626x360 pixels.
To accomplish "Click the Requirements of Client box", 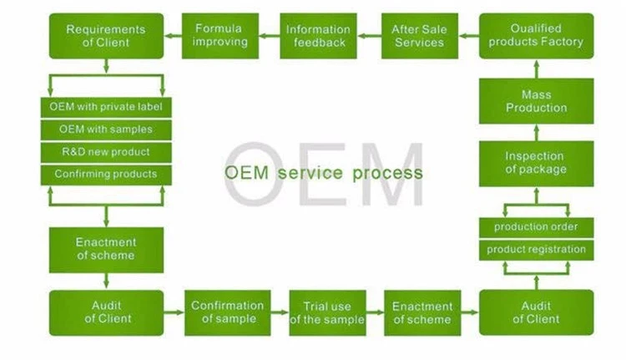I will pyautogui.click(x=106, y=36).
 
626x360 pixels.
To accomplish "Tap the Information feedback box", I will pyautogui.click(x=316, y=36).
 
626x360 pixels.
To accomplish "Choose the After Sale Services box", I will pyautogui.click(x=418, y=36).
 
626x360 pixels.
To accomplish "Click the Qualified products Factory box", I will pyautogui.click(x=536, y=36).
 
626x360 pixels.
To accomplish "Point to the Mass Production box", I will pyautogui.click(x=536, y=101).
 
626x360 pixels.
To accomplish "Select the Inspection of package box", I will pyautogui.click(x=536, y=163).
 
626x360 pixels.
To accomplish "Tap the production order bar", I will pyautogui.click(x=536, y=227).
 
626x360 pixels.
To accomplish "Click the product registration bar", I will pyautogui.click(x=536, y=249).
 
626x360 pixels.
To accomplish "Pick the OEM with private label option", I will pyautogui.click(x=106, y=107).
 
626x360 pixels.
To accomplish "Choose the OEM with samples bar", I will pyautogui.click(x=106, y=129).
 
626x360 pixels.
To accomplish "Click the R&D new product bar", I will pyautogui.click(x=106, y=152).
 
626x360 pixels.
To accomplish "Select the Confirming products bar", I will pyautogui.click(x=106, y=175).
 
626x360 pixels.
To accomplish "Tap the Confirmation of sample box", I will pyautogui.click(x=228, y=312).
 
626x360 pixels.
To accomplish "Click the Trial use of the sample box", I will pyautogui.click(x=327, y=312).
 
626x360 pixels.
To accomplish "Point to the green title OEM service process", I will pyautogui.click(x=324, y=173).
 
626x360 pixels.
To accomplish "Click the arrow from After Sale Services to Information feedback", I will pyautogui.click(x=367, y=36).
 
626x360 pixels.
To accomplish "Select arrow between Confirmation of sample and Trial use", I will pyautogui.click(x=280, y=313).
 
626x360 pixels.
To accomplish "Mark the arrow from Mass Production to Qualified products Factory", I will pyautogui.click(x=536, y=68).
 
